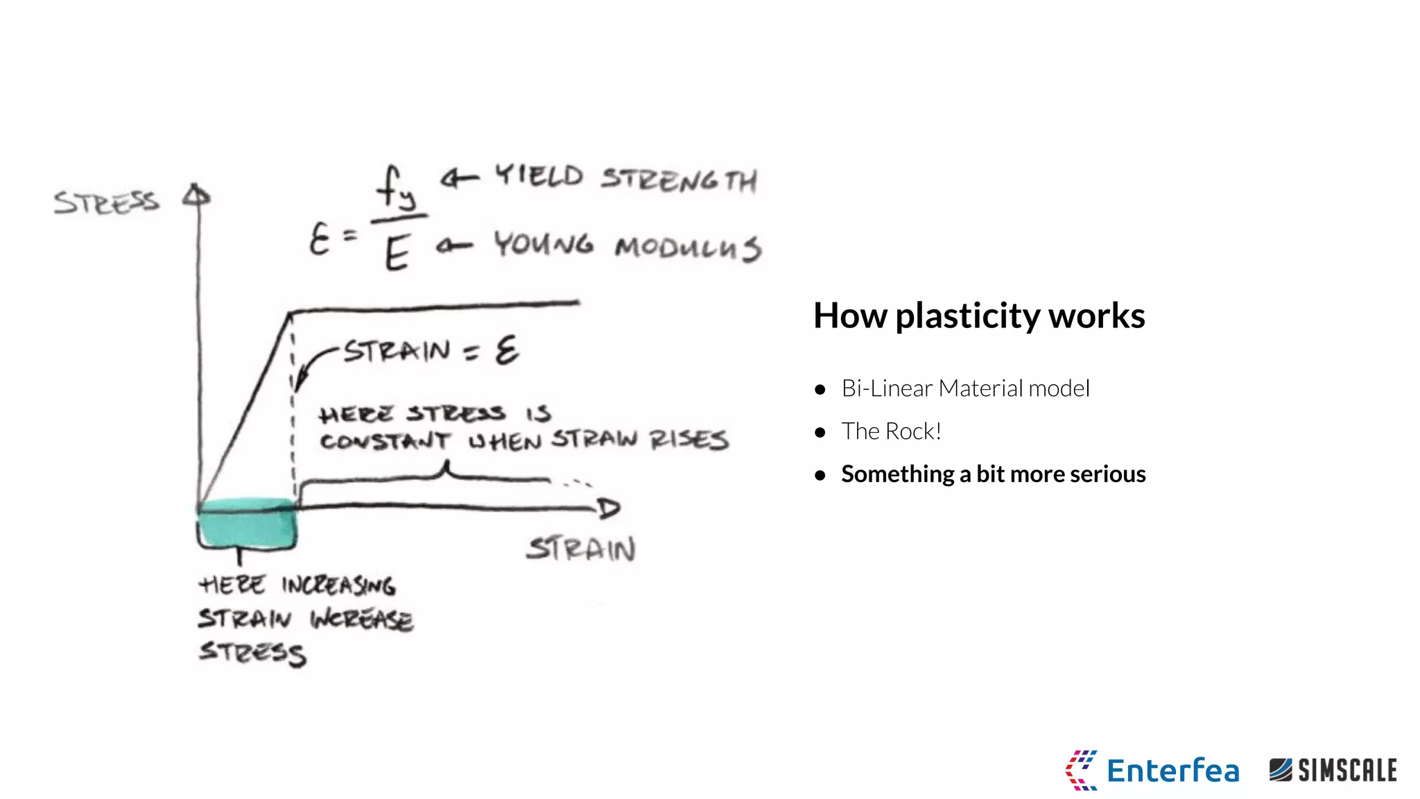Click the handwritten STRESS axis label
coord(106,203)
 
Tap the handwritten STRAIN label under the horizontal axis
coord(581,549)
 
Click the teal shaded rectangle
coord(247,523)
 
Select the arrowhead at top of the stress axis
coord(197,196)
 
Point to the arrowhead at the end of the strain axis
coord(608,509)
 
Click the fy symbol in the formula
coord(396,188)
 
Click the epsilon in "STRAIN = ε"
coord(506,350)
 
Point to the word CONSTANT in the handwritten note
coord(384,441)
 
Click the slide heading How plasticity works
coord(978,316)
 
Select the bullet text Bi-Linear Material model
coord(964,388)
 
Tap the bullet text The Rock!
coord(891,431)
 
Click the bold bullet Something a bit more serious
coord(993,474)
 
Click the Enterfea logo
coord(1152,770)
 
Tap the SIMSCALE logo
coord(1333,770)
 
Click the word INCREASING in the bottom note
coord(338,585)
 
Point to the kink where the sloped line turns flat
coord(290,313)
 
